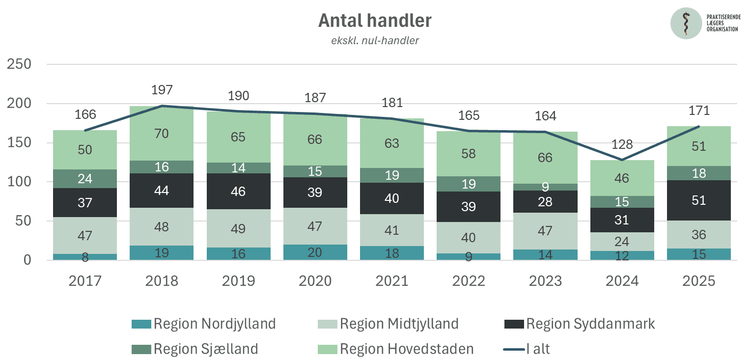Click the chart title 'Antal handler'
[375, 21]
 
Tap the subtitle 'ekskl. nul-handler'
[375, 41]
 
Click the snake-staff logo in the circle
[686, 23]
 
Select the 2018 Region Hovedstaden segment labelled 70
[162, 134]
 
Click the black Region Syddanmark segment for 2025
[699, 200]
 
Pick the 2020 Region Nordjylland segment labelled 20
[315, 252]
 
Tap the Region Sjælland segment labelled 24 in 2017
[85, 179]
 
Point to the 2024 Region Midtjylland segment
[622, 242]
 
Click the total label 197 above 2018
[162, 90]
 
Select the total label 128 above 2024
[622, 144]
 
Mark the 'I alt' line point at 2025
[699, 126]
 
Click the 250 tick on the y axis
[19, 65]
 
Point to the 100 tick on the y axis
[19, 182]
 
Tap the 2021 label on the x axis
[391, 281]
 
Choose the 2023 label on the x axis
[545, 281]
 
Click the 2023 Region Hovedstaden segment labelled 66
[545, 158]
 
